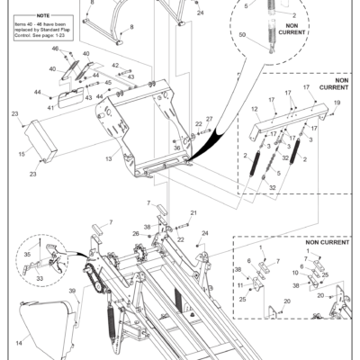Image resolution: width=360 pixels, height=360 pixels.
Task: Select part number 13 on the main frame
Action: click(x=109, y=159)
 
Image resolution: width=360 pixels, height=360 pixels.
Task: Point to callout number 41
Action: click(x=51, y=106)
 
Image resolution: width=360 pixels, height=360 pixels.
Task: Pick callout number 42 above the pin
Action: click(x=115, y=67)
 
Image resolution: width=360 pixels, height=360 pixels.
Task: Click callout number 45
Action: click(x=107, y=83)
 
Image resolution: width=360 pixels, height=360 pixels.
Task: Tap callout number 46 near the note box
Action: click(x=54, y=48)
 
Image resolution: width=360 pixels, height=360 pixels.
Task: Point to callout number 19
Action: click(x=337, y=103)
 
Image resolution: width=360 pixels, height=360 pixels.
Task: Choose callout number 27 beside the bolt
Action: click(x=208, y=119)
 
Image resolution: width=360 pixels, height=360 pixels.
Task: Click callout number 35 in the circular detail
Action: click(x=28, y=255)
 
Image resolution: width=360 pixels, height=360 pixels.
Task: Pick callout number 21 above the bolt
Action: click(x=193, y=212)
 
